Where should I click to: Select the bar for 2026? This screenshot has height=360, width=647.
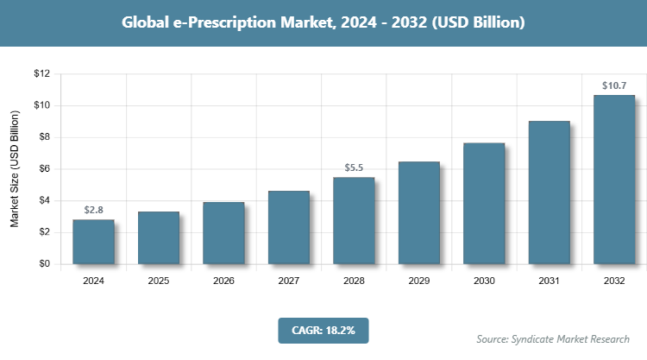click(223, 233)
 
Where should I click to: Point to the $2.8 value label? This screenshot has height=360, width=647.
click(93, 210)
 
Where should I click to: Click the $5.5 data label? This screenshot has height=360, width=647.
click(354, 167)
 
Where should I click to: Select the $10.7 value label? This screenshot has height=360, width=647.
click(614, 85)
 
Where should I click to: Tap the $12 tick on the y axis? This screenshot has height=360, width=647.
click(41, 73)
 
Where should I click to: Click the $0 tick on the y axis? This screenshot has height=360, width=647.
click(43, 264)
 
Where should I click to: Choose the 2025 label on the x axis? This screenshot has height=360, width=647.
click(159, 281)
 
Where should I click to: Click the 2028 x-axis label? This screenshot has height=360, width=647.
click(354, 281)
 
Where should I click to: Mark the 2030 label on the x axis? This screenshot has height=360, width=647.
click(484, 281)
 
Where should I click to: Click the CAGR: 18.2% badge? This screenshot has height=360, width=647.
click(323, 330)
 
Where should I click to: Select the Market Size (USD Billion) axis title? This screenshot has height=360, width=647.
click(15, 169)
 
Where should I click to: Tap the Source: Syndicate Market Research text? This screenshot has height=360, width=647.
click(553, 338)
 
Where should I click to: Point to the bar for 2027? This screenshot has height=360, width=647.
click(289, 227)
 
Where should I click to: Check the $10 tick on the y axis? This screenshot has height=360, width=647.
click(41, 105)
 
